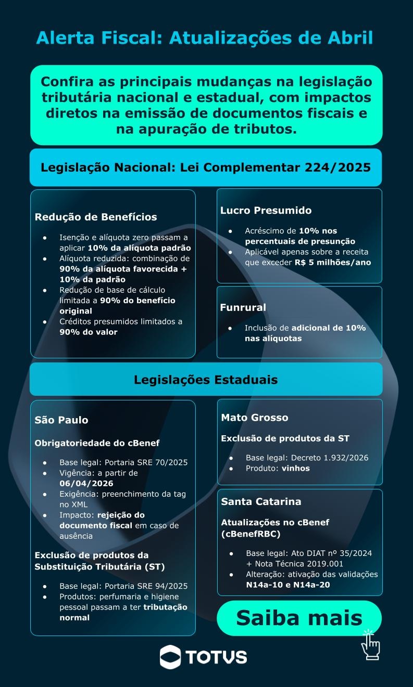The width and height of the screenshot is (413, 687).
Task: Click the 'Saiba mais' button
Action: point(299,618)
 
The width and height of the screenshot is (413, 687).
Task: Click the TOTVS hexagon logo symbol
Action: point(170,656)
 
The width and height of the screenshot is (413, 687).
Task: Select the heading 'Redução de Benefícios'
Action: point(96,217)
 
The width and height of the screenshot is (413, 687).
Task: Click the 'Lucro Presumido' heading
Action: point(266,211)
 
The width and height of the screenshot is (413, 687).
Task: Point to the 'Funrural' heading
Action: point(243,307)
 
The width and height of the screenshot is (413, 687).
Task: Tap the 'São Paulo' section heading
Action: point(61,420)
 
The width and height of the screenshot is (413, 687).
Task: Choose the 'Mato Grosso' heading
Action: point(254,418)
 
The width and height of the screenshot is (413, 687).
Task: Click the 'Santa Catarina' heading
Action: point(261,502)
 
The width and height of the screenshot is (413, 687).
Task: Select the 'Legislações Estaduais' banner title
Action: point(206,380)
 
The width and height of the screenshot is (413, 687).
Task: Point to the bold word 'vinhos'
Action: point(296,468)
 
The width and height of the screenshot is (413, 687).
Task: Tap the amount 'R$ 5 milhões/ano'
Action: point(332,262)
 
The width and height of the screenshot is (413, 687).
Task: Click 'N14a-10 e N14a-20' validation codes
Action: point(288,585)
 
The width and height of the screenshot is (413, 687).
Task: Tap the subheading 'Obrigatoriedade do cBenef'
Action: point(97,443)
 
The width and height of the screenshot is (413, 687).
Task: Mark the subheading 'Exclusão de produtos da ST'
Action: point(285,438)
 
